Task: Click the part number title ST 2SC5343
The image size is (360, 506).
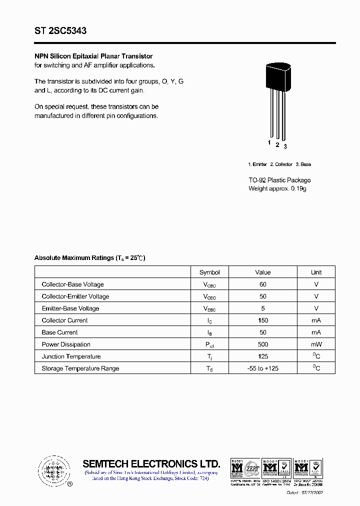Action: [60, 31]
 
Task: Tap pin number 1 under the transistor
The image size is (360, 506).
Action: [269, 143]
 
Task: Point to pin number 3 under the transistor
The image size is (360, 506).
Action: [285, 146]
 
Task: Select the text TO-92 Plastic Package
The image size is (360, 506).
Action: [279, 180]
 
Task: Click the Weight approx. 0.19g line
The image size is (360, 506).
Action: [277, 188]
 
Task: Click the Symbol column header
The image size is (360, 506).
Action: [209, 272]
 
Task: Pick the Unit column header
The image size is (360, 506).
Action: [316, 272]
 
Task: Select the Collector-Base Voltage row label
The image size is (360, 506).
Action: [73, 284]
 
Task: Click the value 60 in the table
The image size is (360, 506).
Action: [263, 284]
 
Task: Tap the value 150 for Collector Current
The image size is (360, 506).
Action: [263, 320]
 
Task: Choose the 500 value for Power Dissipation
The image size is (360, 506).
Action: [263, 344]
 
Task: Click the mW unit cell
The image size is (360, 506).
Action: [316, 344]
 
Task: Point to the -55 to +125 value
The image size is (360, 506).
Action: [263, 368]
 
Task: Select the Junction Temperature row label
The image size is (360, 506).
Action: [71, 356]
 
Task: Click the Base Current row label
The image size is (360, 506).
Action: [60, 332]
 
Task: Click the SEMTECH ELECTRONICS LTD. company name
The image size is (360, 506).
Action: [151, 463]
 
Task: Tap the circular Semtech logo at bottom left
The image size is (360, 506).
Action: [53, 470]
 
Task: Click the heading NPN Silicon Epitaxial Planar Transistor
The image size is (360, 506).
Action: [93, 56]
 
